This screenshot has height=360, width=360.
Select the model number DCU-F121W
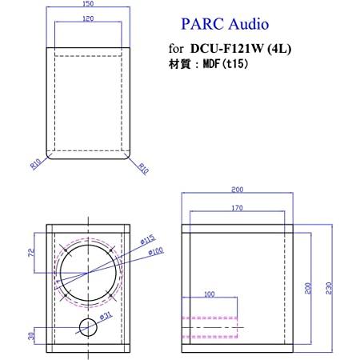[223, 48]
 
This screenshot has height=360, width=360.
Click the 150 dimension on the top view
[88, 4]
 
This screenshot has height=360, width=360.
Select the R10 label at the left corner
[35, 164]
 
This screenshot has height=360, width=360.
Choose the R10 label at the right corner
[142, 168]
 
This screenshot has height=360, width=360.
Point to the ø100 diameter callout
[157, 254]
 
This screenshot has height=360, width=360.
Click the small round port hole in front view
[89, 326]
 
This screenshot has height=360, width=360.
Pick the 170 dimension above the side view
[238, 209]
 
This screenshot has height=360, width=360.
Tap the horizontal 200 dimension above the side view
[238, 190]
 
